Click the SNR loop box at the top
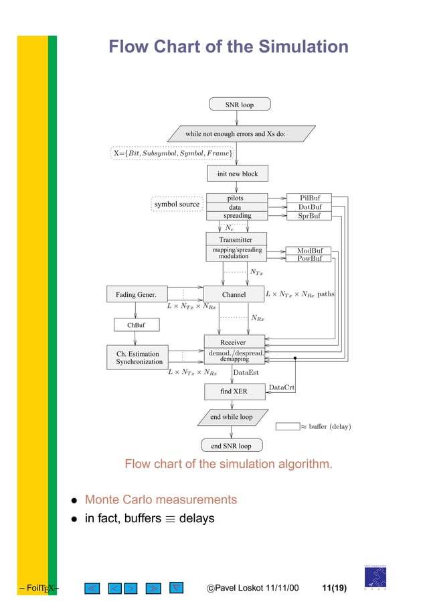pyautogui.click(x=239, y=105)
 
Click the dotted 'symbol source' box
pyautogui.click(x=177, y=203)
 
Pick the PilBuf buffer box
pyautogui.click(x=309, y=198)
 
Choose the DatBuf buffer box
pyautogui.click(x=309, y=207)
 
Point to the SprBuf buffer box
pyautogui.click(x=309, y=216)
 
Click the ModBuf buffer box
pyautogui.click(x=309, y=251)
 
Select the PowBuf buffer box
pyautogui.click(x=309, y=259)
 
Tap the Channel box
pyautogui.click(x=234, y=294)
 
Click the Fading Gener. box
pyautogui.click(x=136, y=294)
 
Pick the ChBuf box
pyautogui.click(x=136, y=325)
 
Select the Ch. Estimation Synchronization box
pyautogui.click(x=139, y=357)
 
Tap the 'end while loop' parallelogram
pyautogui.click(x=232, y=417)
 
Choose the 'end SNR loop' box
pyautogui.click(x=232, y=445)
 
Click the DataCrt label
pyautogui.click(x=281, y=387)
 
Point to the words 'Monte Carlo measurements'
pyautogui.click(x=161, y=500)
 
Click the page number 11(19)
pyautogui.click(x=333, y=589)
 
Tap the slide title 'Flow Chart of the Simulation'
pyautogui.click(x=228, y=48)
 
